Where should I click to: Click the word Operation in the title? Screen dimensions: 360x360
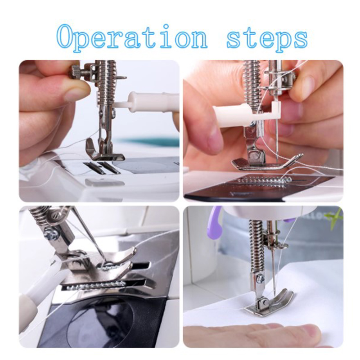[x=132, y=36]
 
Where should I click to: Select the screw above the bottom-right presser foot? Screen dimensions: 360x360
[x=260, y=278]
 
